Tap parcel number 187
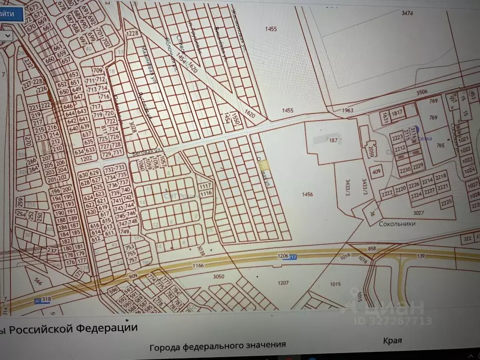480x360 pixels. (333, 140)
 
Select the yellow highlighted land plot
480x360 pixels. (265, 165)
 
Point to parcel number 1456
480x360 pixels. (307, 194)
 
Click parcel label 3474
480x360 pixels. (407, 13)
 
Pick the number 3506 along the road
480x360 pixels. (421, 92)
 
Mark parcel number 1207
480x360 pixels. (283, 283)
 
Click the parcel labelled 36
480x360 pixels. (373, 214)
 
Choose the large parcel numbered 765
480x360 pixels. (440, 145)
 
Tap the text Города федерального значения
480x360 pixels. (217, 346)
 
